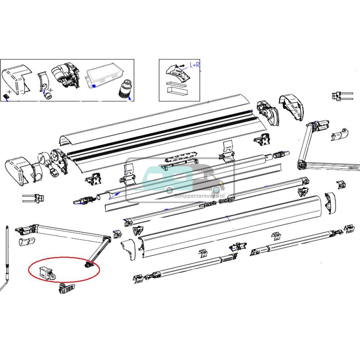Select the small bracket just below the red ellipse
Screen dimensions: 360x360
(x=67, y=289)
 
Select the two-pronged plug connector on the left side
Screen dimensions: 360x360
(x=34, y=198)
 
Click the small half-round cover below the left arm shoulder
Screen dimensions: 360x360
(x=26, y=242)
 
